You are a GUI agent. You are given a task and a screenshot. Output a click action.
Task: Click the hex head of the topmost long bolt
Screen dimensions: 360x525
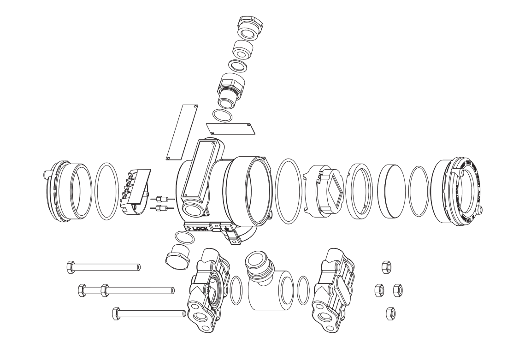pos(71,266)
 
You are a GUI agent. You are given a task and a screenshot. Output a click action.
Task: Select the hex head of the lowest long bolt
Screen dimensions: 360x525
pos(116,314)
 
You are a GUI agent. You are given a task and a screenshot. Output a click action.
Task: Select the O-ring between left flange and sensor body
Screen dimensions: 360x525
pos(236,290)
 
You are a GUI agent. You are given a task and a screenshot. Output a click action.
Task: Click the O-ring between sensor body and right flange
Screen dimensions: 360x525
pos(303,290)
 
